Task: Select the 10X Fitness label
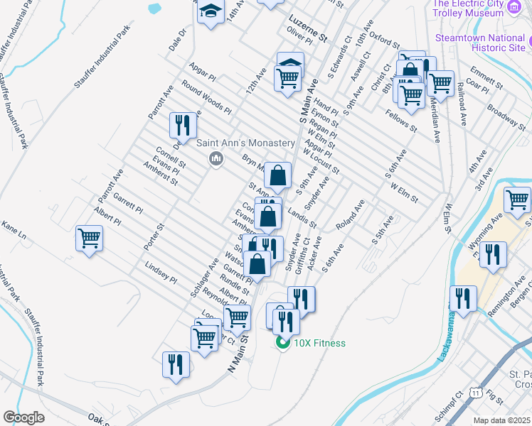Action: point(318,344)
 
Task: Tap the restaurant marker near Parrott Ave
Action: point(183,126)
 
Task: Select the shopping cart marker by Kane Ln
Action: point(90,237)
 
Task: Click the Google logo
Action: point(23,417)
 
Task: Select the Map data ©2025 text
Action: point(501,420)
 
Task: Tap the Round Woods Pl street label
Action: point(206,99)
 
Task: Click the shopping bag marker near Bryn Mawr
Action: point(279,175)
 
